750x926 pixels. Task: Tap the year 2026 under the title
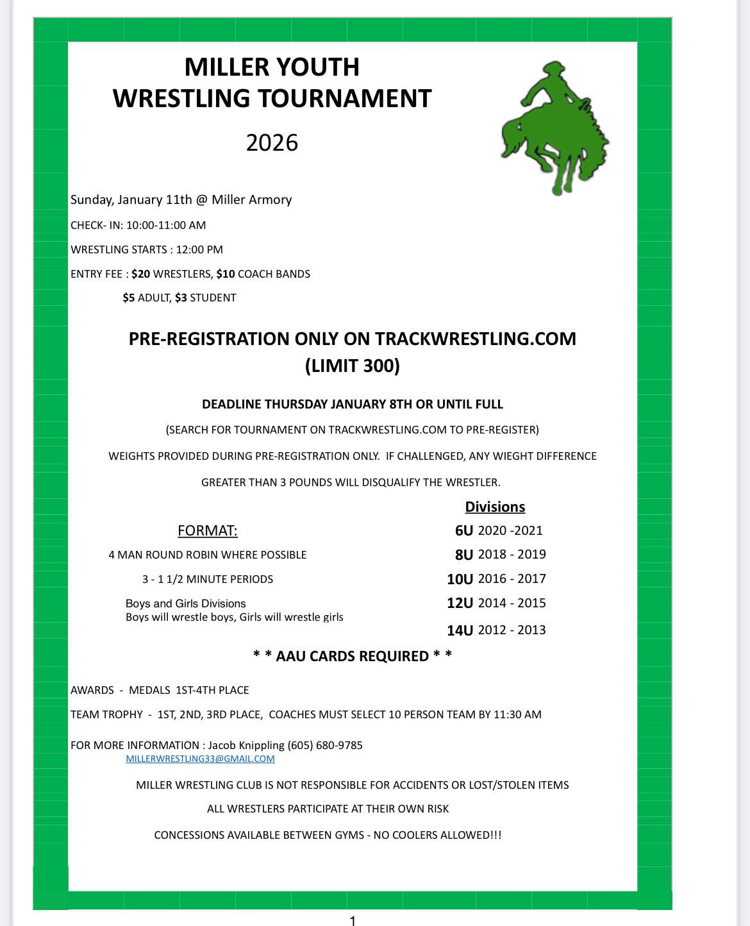pos(272,142)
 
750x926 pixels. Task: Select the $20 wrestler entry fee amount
pos(140,274)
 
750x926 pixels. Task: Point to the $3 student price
pos(181,298)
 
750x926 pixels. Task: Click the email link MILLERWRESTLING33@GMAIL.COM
pos(200,759)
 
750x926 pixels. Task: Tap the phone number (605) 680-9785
pos(325,745)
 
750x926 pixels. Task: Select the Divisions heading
pos(495,507)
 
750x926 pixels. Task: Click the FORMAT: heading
pos(207,531)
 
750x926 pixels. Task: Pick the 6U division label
pos(463,531)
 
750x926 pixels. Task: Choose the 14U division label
pos(460,630)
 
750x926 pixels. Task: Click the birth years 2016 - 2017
pos(512,579)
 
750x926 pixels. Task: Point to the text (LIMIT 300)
pos(352,366)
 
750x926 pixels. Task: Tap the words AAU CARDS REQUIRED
pos(352,657)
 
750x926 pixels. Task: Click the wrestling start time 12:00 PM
pos(199,250)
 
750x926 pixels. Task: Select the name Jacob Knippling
pos(246,745)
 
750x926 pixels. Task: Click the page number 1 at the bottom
pos(352,921)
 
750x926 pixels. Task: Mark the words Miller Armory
pos(251,200)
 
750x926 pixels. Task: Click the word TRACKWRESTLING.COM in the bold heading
pos(475,339)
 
